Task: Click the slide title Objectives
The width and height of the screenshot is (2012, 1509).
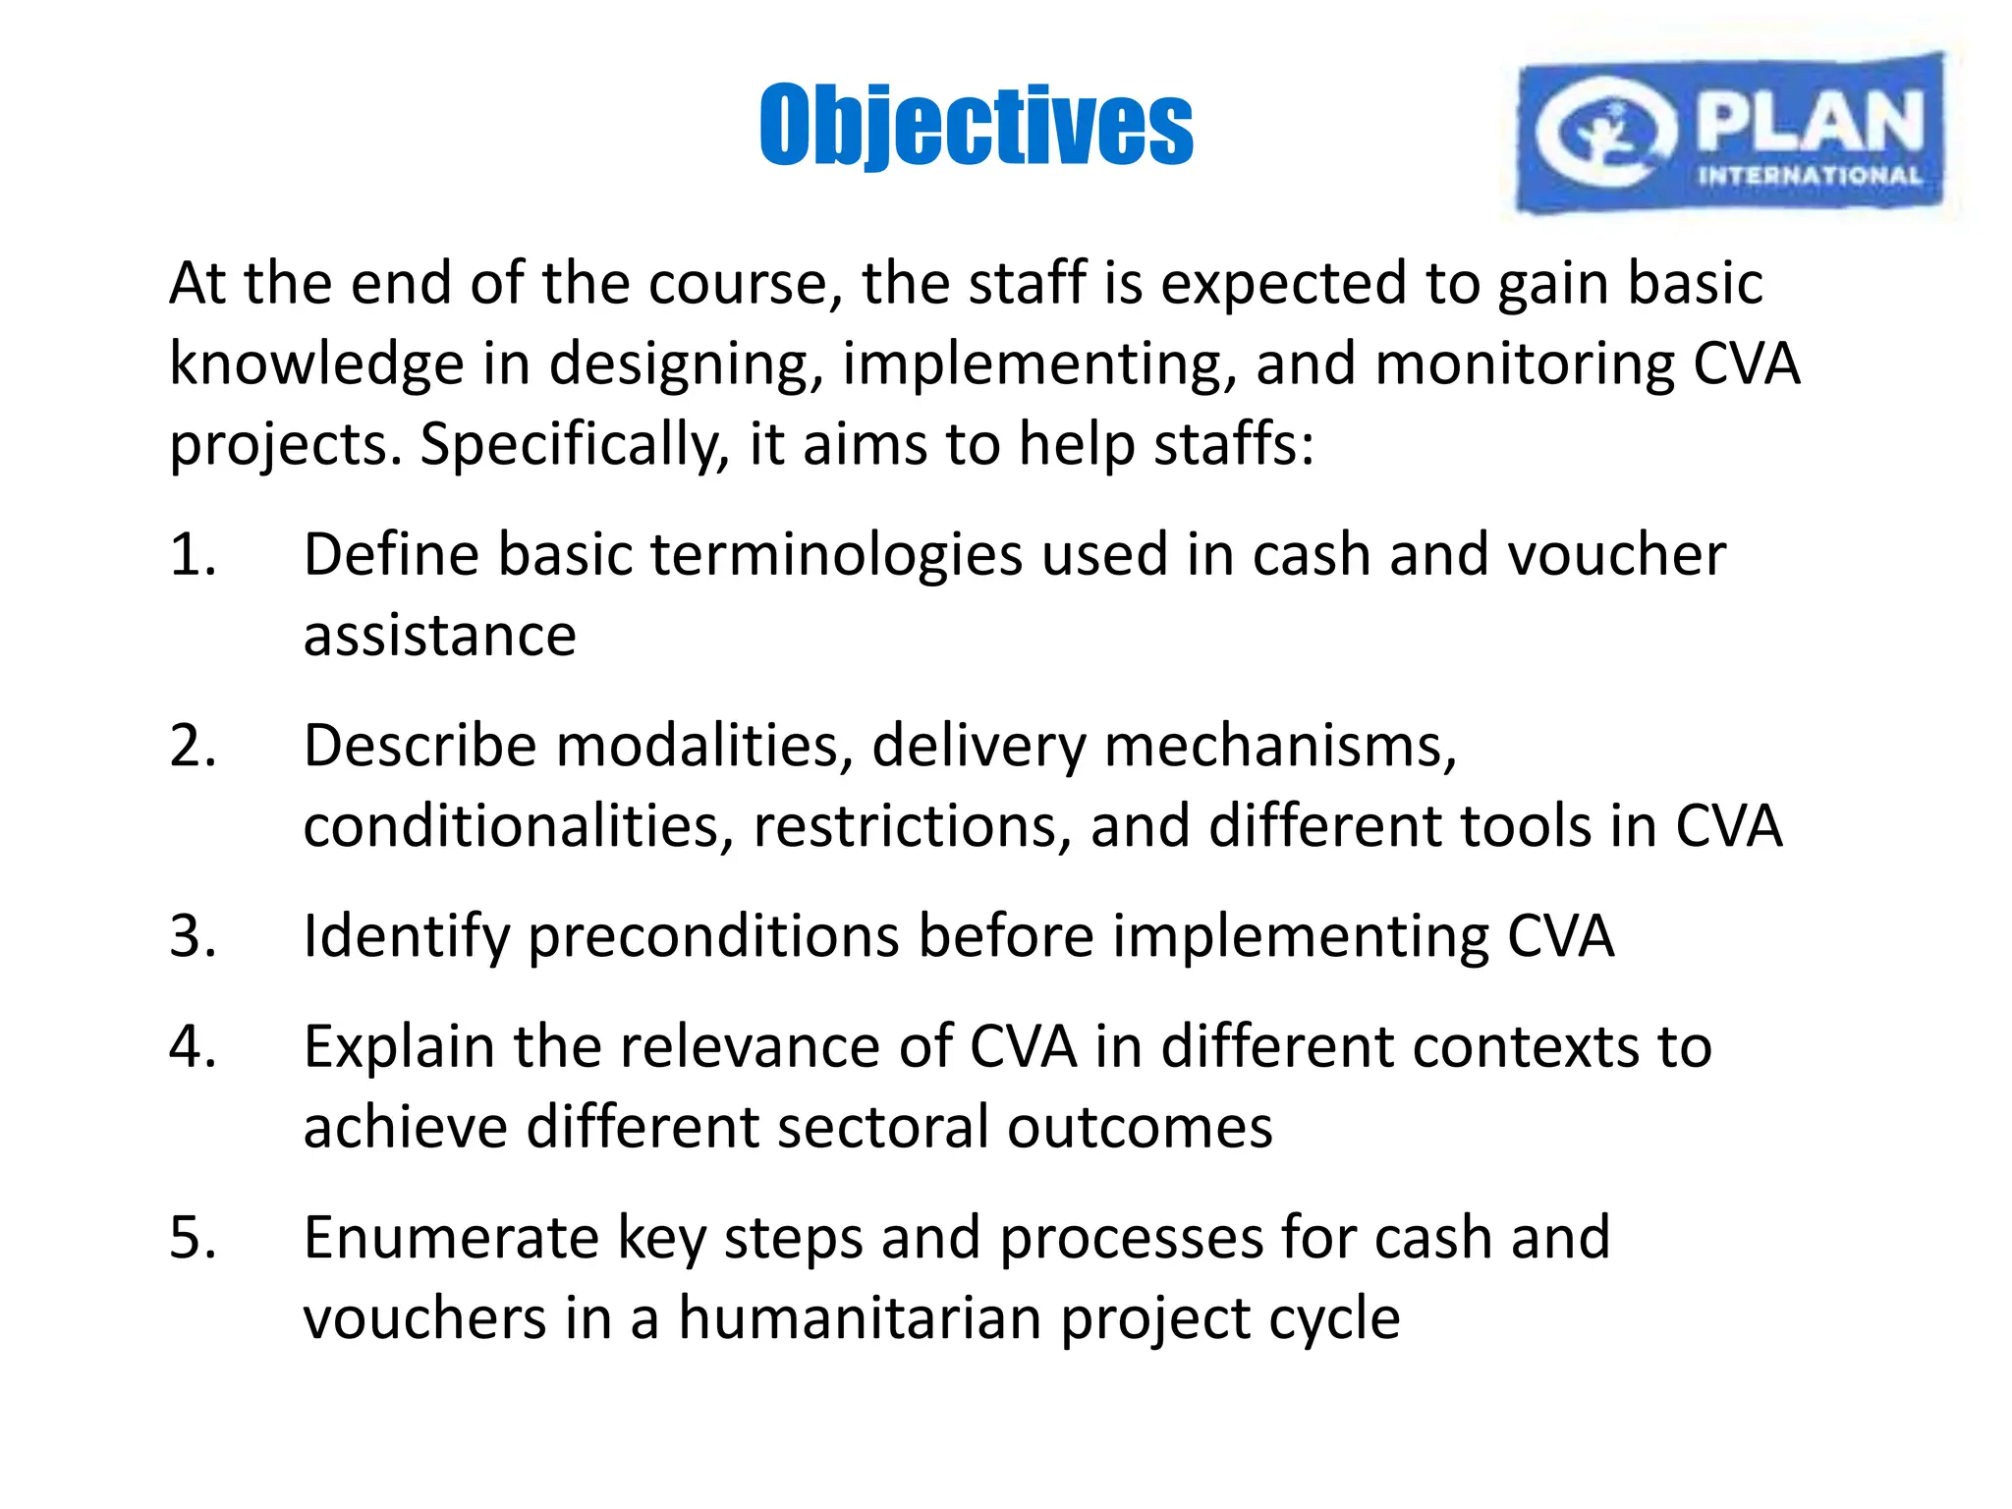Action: click(976, 125)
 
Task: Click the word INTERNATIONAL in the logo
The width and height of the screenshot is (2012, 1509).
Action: click(1810, 177)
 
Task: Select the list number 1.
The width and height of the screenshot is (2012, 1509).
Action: click(193, 554)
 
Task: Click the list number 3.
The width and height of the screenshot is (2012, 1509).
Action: click(193, 935)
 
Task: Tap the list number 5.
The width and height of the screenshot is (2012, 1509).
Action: click(193, 1237)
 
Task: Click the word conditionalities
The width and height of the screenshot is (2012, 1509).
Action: click(518, 825)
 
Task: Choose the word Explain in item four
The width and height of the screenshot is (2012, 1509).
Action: click(398, 1047)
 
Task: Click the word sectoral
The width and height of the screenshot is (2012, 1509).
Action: click(882, 1127)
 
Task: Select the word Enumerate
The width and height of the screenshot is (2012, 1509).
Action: click(451, 1237)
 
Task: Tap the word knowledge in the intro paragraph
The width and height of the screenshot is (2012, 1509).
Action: click(316, 364)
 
